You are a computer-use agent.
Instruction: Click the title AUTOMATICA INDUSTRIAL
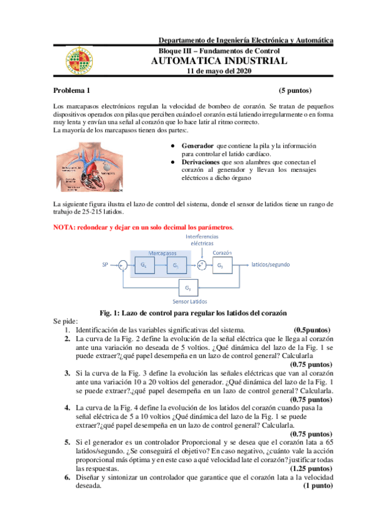219,61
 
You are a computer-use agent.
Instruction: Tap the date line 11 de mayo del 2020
219,71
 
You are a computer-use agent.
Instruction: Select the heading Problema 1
72,90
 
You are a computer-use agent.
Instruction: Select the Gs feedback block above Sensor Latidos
187,288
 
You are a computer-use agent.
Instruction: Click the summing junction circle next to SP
123,265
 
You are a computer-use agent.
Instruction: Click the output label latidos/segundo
271,265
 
